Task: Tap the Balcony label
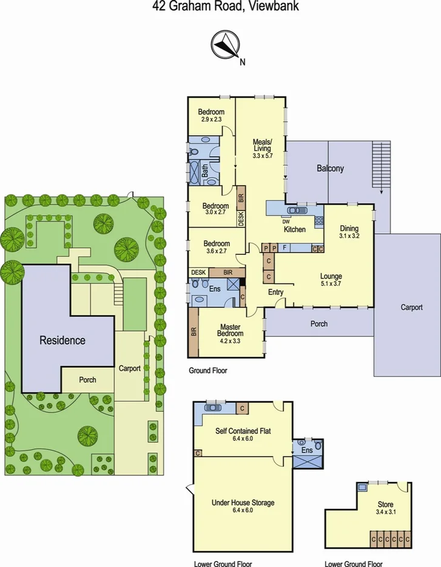[x=329, y=168]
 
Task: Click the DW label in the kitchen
[x=286, y=221]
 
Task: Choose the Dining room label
[x=349, y=232]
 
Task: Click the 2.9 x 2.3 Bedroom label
[x=211, y=115]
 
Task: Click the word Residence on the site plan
[x=62, y=340]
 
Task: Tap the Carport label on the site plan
[x=130, y=368]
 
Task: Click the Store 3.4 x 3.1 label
[x=385, y=508]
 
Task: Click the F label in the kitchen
[x=284, y=248]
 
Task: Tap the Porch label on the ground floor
[x=319, y=324]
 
